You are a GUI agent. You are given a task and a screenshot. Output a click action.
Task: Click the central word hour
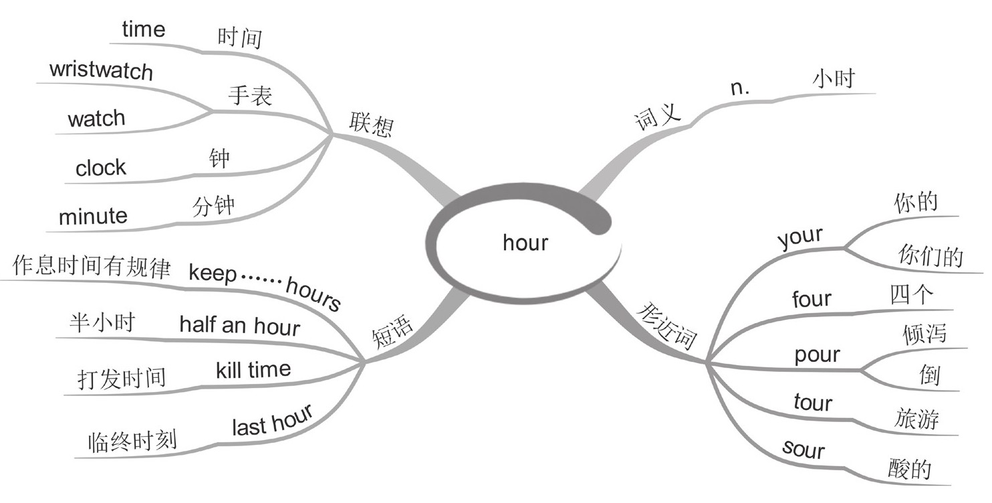coord(525,242)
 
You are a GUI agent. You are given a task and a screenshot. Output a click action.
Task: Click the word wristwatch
coord(101,70)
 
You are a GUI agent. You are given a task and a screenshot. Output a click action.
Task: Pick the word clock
coord(100,167)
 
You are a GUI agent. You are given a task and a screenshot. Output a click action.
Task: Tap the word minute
coord(93,216)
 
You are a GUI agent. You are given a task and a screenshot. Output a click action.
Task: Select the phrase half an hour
coord(239,326)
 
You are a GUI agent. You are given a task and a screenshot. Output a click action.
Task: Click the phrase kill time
coord(253,369)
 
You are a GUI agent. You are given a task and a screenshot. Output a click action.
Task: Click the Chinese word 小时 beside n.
coord(833,80)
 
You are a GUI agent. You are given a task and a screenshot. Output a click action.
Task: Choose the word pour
coord(817,355)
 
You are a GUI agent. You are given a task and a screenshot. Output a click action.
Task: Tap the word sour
coord(803,449)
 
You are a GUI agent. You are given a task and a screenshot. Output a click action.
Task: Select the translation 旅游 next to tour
coord(916,419)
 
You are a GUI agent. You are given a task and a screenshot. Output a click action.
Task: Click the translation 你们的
coord(930,256)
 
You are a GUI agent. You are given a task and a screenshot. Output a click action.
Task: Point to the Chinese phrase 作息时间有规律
coord(92,268)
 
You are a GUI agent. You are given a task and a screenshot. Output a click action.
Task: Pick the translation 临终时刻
coord(132,441)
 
